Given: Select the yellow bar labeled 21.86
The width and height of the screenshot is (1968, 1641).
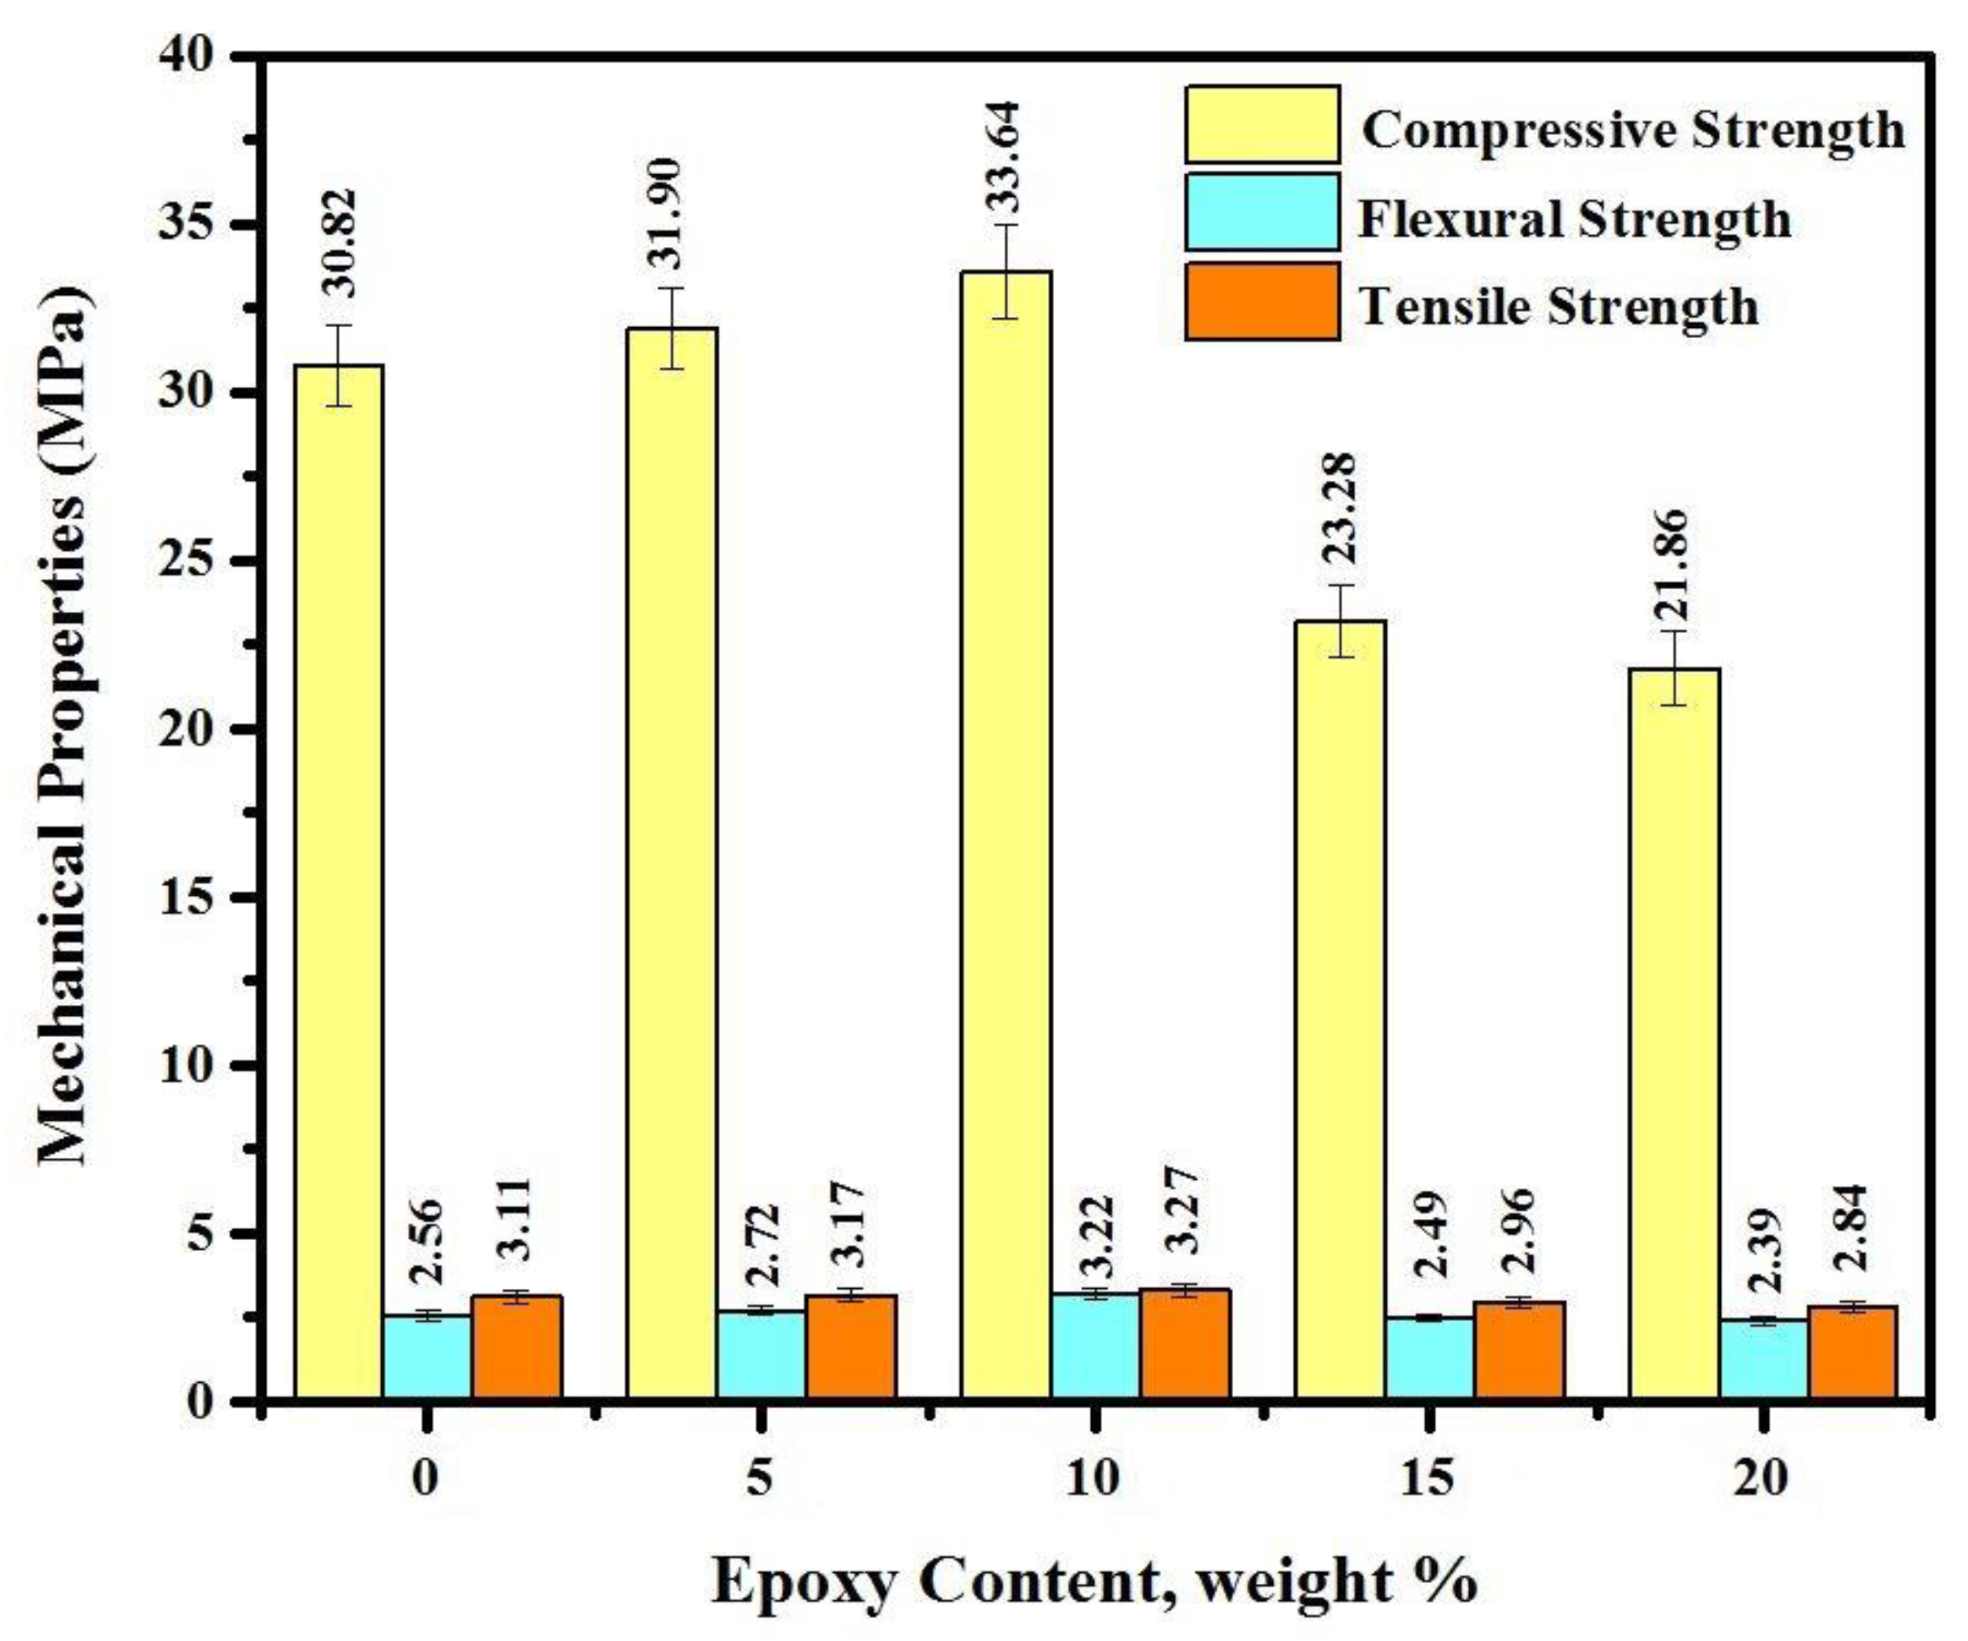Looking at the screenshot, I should coord(1674,1031).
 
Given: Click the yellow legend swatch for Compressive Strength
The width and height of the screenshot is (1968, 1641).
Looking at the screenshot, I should coord(1261,125).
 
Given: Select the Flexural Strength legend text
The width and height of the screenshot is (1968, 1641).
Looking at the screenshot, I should coord(1574,220).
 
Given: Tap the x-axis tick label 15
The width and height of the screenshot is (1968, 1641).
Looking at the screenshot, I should coord(1428,1479).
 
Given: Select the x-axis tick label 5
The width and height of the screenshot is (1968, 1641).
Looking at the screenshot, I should coord(760,1479).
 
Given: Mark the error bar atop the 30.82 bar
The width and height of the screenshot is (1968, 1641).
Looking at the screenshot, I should coord(338,365).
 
